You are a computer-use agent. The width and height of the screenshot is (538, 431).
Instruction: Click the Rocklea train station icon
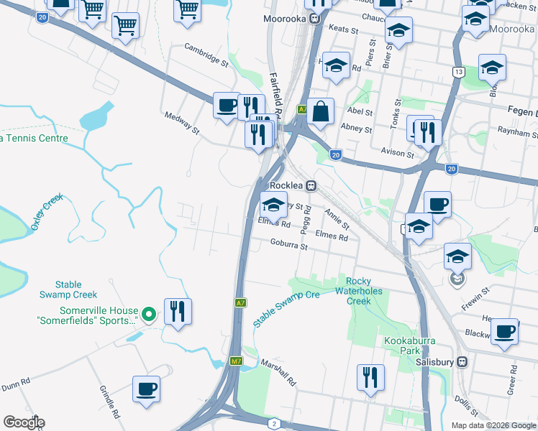tap(311, 185)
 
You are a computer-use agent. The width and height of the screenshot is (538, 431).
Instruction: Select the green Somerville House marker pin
tap(148, 314)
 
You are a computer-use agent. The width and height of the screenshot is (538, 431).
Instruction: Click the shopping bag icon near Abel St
tap(320, 112)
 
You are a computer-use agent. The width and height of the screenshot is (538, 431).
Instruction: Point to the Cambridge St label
tap(206, 56)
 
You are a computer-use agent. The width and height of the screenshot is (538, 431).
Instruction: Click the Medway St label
tap(181, 123)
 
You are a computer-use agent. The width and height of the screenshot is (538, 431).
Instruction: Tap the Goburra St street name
tap(288, 246)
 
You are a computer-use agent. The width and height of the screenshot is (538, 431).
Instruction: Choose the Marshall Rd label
tap(278, 372)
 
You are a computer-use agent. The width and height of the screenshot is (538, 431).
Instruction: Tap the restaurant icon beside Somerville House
tap(178, 312)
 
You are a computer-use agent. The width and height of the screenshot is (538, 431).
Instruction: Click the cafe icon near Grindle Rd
tap(146, 389)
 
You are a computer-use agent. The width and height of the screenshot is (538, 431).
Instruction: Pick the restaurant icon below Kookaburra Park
tap(370, 377)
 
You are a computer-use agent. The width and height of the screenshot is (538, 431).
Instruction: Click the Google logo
tap(24, 422)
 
